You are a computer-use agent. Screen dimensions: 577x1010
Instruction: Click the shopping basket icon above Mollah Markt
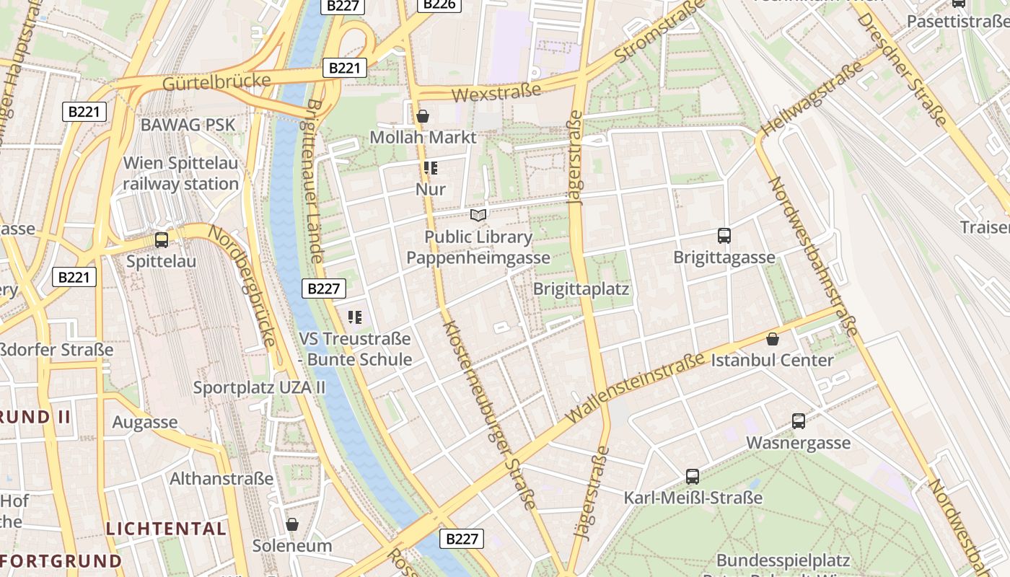pos(423,116)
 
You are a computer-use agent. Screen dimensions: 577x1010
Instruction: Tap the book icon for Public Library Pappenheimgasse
pos(478,215)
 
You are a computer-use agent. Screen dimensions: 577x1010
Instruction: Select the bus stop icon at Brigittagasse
pos(724,236)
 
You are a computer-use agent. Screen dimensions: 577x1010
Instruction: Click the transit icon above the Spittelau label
pos(162,240)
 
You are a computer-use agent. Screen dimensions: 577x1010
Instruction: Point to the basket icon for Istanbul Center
pos(773,339)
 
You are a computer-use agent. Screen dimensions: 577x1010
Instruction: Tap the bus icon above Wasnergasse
pos(799,421)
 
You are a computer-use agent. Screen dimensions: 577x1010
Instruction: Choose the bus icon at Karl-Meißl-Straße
pos(693,476)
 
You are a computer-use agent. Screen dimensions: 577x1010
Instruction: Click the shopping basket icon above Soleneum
pos(292,524)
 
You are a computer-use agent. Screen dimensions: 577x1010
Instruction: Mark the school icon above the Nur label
pos(431,169)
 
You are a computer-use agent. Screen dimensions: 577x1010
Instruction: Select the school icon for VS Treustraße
pos(354,317)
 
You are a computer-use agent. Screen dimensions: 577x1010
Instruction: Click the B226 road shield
pos(439,4)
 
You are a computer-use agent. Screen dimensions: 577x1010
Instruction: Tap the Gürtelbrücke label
pos(216,82)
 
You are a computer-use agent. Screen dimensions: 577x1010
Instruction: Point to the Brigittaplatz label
pos(581,289)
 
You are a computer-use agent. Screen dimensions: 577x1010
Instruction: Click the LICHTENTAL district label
pos(166,529)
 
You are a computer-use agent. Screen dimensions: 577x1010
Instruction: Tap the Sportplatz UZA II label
pos(259,387)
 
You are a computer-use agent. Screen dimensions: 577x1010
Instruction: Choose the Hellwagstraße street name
pos(811,100)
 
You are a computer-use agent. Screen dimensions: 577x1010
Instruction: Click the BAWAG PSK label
pos(188,124)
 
